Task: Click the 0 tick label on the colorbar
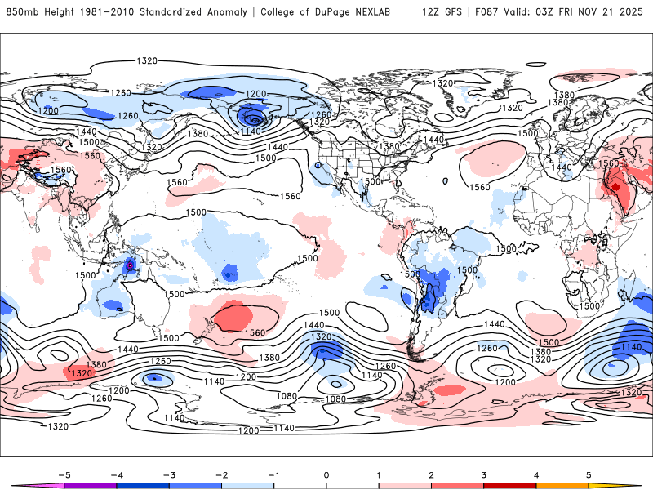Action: pos(326,474)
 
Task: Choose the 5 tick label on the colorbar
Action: pos(589,474)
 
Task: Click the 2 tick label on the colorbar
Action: pos(431,474)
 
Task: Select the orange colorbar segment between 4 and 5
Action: pos(563,486)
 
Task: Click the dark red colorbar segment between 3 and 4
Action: pos(510,486)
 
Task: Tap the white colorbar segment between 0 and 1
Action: pos(352,486)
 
